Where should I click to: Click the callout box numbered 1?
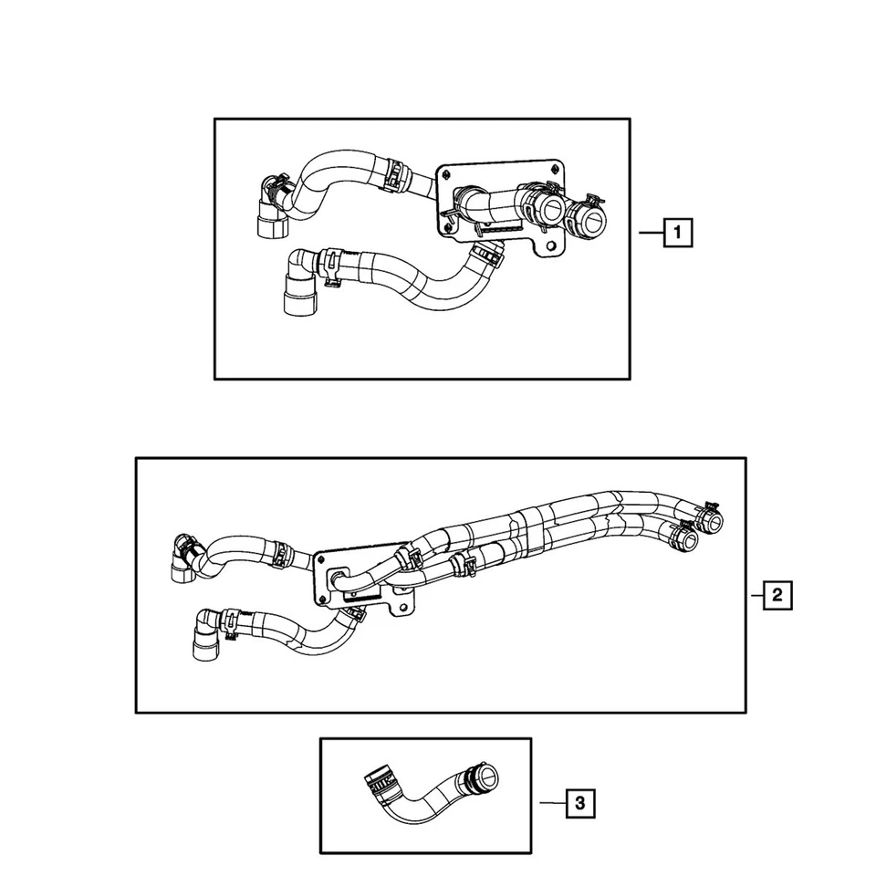[678, 234]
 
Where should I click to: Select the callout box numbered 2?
[777, 595]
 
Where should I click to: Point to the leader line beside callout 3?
[552, 803]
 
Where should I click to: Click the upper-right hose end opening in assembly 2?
[711, 520]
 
